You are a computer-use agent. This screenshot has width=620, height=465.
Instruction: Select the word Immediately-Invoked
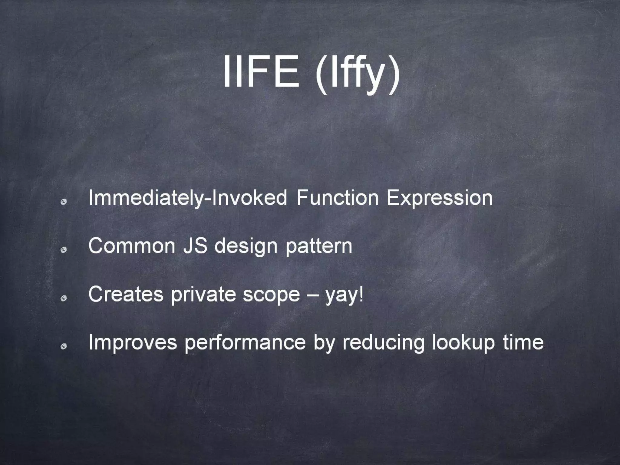pos(188,198)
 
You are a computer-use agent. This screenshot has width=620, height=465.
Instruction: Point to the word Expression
pos(439,198)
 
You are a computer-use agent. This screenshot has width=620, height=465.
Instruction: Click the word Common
pos(132,246)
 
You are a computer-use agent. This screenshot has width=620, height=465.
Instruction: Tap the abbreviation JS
pos(195,246)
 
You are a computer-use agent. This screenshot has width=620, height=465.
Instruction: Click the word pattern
pos(319,246)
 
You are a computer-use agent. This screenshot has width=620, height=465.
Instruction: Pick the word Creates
pos(126,294)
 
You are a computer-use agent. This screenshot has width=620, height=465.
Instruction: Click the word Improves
pos(133,343)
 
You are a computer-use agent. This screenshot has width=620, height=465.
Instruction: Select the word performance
pos(245,343)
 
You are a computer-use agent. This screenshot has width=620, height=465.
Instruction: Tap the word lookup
pos(463,343)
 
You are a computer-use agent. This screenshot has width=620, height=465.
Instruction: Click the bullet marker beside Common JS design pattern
pos(64,250)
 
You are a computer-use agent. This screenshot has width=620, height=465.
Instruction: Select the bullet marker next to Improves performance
pos(64,347)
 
